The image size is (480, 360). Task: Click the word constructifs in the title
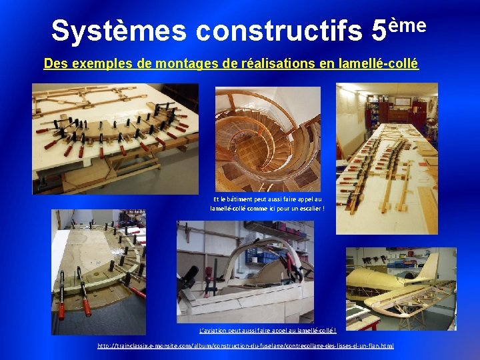click(280, 31)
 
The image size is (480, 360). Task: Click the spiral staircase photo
click(267, 139)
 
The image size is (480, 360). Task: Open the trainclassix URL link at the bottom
click(245, 346)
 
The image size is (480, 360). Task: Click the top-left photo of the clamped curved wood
click(115, 138)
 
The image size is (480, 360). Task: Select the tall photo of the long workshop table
click(387, 158)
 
